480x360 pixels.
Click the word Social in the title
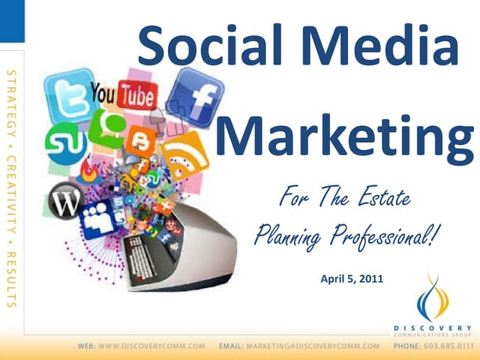210,45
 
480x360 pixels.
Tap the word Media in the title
380,45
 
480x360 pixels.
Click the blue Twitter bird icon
70,95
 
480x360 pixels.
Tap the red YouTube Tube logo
137,94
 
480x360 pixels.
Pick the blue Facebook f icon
195,97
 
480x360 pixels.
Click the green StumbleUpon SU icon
65,143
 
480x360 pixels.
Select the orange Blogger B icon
141,141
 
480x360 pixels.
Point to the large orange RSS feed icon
185,155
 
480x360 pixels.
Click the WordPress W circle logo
66,201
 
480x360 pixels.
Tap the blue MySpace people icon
98,219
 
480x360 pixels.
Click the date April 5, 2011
352,279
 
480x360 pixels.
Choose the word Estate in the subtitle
385,196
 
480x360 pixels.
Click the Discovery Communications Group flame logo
433,298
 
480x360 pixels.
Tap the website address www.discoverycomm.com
151,346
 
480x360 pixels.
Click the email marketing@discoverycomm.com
313,346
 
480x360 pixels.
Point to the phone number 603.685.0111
448,346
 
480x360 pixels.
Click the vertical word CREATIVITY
11,194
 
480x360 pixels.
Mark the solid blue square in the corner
12,21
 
